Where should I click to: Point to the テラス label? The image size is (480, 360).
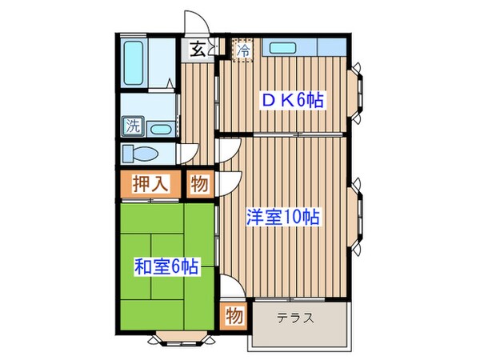pos(295,318)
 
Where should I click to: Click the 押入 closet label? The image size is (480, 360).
pos(150,183)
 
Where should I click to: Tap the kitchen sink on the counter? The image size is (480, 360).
pos(284,47)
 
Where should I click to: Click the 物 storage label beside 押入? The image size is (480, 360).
pos(200,183)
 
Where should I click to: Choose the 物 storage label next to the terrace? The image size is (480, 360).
pos(234,314)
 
